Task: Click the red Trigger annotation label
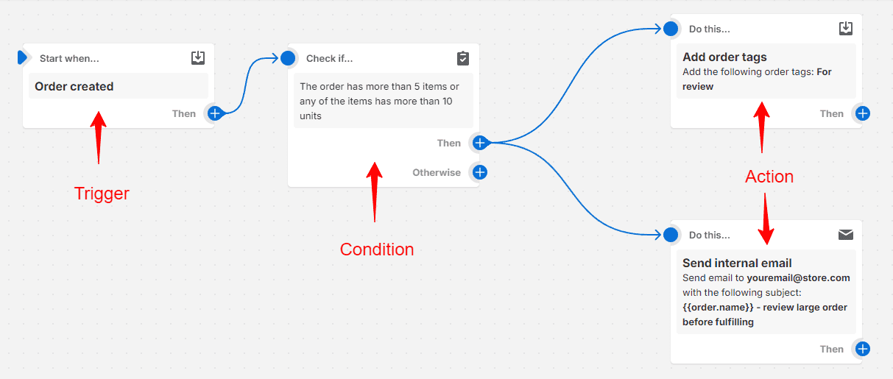point(102,194)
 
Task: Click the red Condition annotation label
point(377,249)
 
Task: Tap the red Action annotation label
point(769,177)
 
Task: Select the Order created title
point(74,86)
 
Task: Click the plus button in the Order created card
point(215,113)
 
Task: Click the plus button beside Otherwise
point(480,172)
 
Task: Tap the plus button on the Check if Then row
point(480,143)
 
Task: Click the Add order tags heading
point(724,57)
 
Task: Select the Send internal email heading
point(737,263)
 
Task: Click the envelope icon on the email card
point(846,235)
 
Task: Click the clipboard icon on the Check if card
point(463,58)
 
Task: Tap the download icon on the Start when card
point(198,58)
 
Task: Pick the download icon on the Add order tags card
point(846,29)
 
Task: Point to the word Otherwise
point(437,172)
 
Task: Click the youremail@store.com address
point(798,278)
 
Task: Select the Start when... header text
point(69,58)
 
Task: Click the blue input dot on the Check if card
point(288,58)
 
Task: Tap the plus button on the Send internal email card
point(863,349)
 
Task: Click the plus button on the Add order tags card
point(863,113)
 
